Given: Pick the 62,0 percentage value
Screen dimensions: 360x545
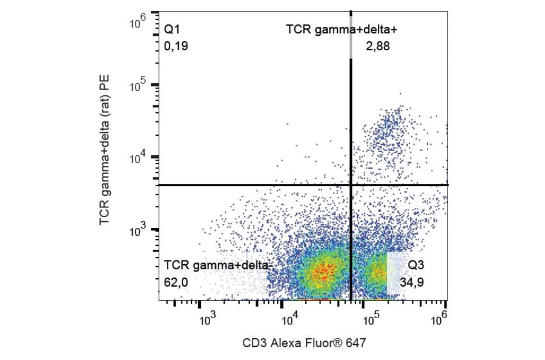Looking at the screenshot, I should (x=176, y=281).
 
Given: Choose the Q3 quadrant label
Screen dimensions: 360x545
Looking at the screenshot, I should (x=416, y=265).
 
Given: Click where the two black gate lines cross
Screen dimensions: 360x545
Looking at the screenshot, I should (x=351, y=184).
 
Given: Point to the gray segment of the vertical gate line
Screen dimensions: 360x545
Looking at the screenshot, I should (x=351, y=42).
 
